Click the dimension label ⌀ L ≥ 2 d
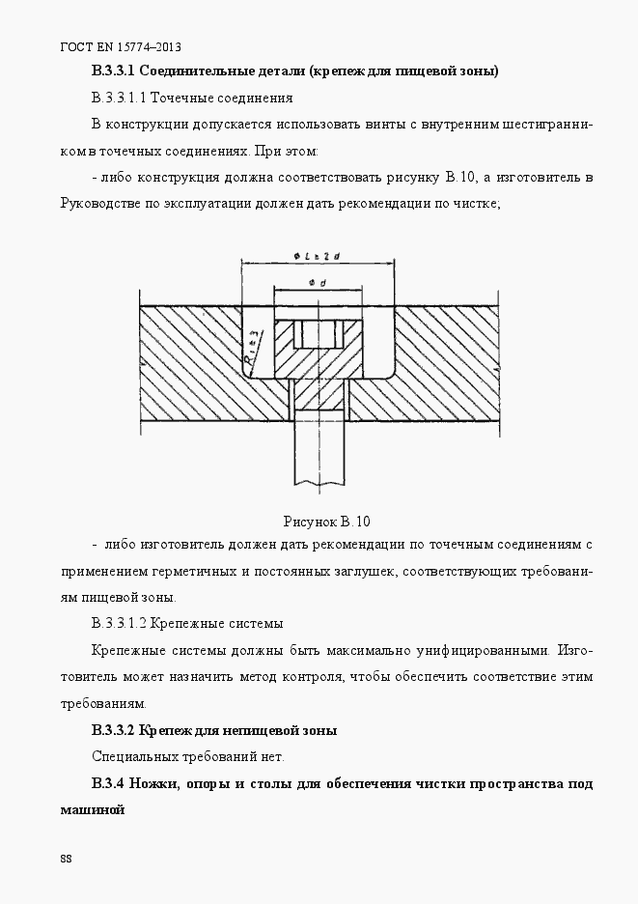(x=318, y=255)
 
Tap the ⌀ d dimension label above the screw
(x=317, y=281)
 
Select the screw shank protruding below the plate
(x=318, y=448)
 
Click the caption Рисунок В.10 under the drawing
(x=326, y=522)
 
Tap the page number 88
(x=66, y=859)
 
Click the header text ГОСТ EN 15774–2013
(x=121, y=46)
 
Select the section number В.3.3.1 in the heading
(x=119, y=71)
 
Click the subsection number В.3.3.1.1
(x=120, y=99)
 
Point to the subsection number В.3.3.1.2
(x=121, y=623)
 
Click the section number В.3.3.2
(x=119, y=729)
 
